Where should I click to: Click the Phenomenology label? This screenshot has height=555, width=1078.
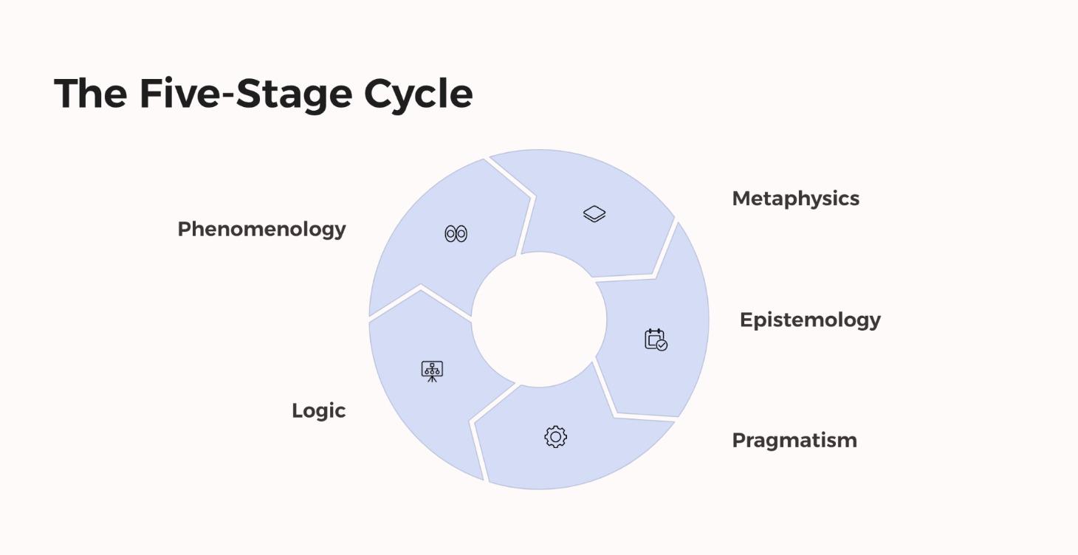point(262,230)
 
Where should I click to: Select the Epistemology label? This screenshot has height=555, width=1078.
point(810,320)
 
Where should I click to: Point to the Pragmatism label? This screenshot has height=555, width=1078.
point(794,441)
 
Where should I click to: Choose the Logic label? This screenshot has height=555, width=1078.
point(318,411)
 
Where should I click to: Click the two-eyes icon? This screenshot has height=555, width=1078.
point(456,234)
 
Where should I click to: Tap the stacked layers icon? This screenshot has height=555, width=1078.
point(594,214)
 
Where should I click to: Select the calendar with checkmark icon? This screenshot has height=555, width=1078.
point(656,339)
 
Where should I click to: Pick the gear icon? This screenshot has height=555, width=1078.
point(556,437)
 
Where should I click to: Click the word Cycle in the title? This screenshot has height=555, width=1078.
point(418,94)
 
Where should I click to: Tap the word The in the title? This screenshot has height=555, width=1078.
point(91,93)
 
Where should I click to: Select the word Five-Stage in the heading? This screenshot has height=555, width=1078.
point(246,94)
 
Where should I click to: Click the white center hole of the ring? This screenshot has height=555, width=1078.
point(539,320)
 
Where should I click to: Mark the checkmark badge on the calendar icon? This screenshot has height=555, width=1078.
point(662,345)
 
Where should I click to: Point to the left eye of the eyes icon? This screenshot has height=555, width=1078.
point(450,234)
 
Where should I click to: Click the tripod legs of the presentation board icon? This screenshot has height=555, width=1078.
point(432,379)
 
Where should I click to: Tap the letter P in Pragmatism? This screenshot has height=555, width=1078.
point(739,441)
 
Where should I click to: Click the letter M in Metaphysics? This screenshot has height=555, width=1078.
point(742,199)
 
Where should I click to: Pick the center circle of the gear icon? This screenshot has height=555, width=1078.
point(556,437)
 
